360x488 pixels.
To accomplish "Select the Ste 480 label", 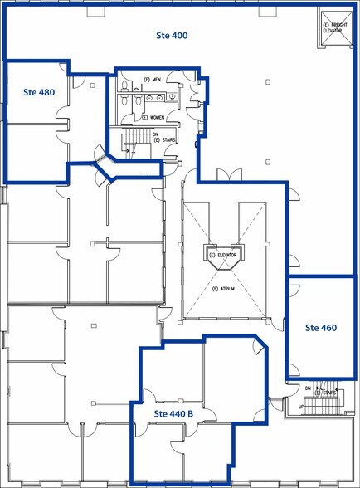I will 39,92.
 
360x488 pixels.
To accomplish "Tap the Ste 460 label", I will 320,328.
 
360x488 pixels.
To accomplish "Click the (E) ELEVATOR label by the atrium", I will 223,255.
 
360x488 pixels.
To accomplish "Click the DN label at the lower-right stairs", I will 308,388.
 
